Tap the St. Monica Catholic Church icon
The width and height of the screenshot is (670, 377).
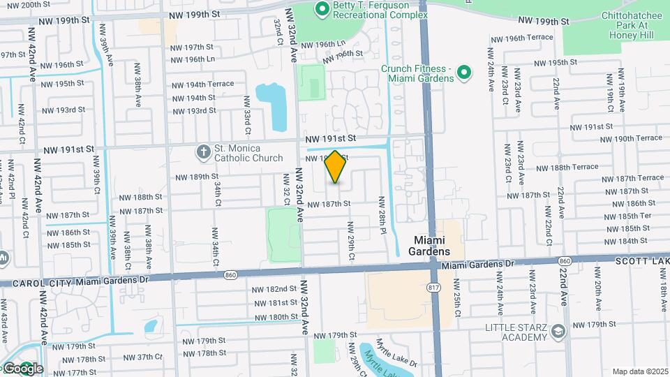point(203,151)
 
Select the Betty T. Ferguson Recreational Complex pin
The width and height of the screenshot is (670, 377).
point(322,9)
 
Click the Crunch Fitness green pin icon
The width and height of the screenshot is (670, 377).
point(466,72)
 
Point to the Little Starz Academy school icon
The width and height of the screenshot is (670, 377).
point(557,331)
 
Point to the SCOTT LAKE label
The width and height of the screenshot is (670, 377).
point(641,260)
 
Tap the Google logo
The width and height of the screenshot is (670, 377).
point(23,369)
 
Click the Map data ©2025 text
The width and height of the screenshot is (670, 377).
point(639,371)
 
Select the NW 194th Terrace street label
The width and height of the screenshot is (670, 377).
point(202,84)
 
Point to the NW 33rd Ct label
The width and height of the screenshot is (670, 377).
point(246,115)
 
